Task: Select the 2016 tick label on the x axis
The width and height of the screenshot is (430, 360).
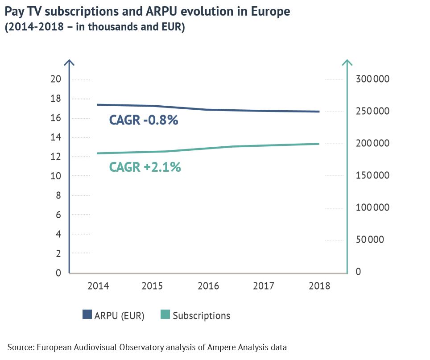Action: pos(209,286)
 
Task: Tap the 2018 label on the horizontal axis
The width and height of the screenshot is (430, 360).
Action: pos(320,286)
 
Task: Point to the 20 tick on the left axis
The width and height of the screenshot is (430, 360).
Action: pos(56,79)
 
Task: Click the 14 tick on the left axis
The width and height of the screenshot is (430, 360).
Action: pos(56,137)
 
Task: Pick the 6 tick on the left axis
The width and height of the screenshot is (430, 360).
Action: pos(58,215)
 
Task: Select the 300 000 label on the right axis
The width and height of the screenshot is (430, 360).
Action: pos(373,79)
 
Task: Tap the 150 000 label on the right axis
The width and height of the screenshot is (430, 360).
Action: pos(373,175)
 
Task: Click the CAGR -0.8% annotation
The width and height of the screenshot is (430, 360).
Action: pos(144,120)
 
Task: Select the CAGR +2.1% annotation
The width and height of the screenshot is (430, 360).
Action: pos(145,167)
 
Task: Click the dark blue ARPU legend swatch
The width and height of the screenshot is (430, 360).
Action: pos(87,315)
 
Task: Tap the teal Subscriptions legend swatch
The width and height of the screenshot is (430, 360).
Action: pos(165,315)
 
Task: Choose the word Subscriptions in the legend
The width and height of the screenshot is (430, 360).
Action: pos(201,316)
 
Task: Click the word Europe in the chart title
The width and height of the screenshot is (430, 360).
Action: pos(267,12)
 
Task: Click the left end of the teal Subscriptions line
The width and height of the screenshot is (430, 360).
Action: pos(98,153)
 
